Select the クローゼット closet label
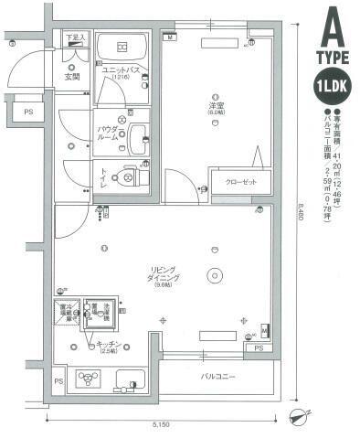tap(241, 181)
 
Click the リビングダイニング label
tap(166, 275)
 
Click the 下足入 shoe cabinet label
tap(75, 37)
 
